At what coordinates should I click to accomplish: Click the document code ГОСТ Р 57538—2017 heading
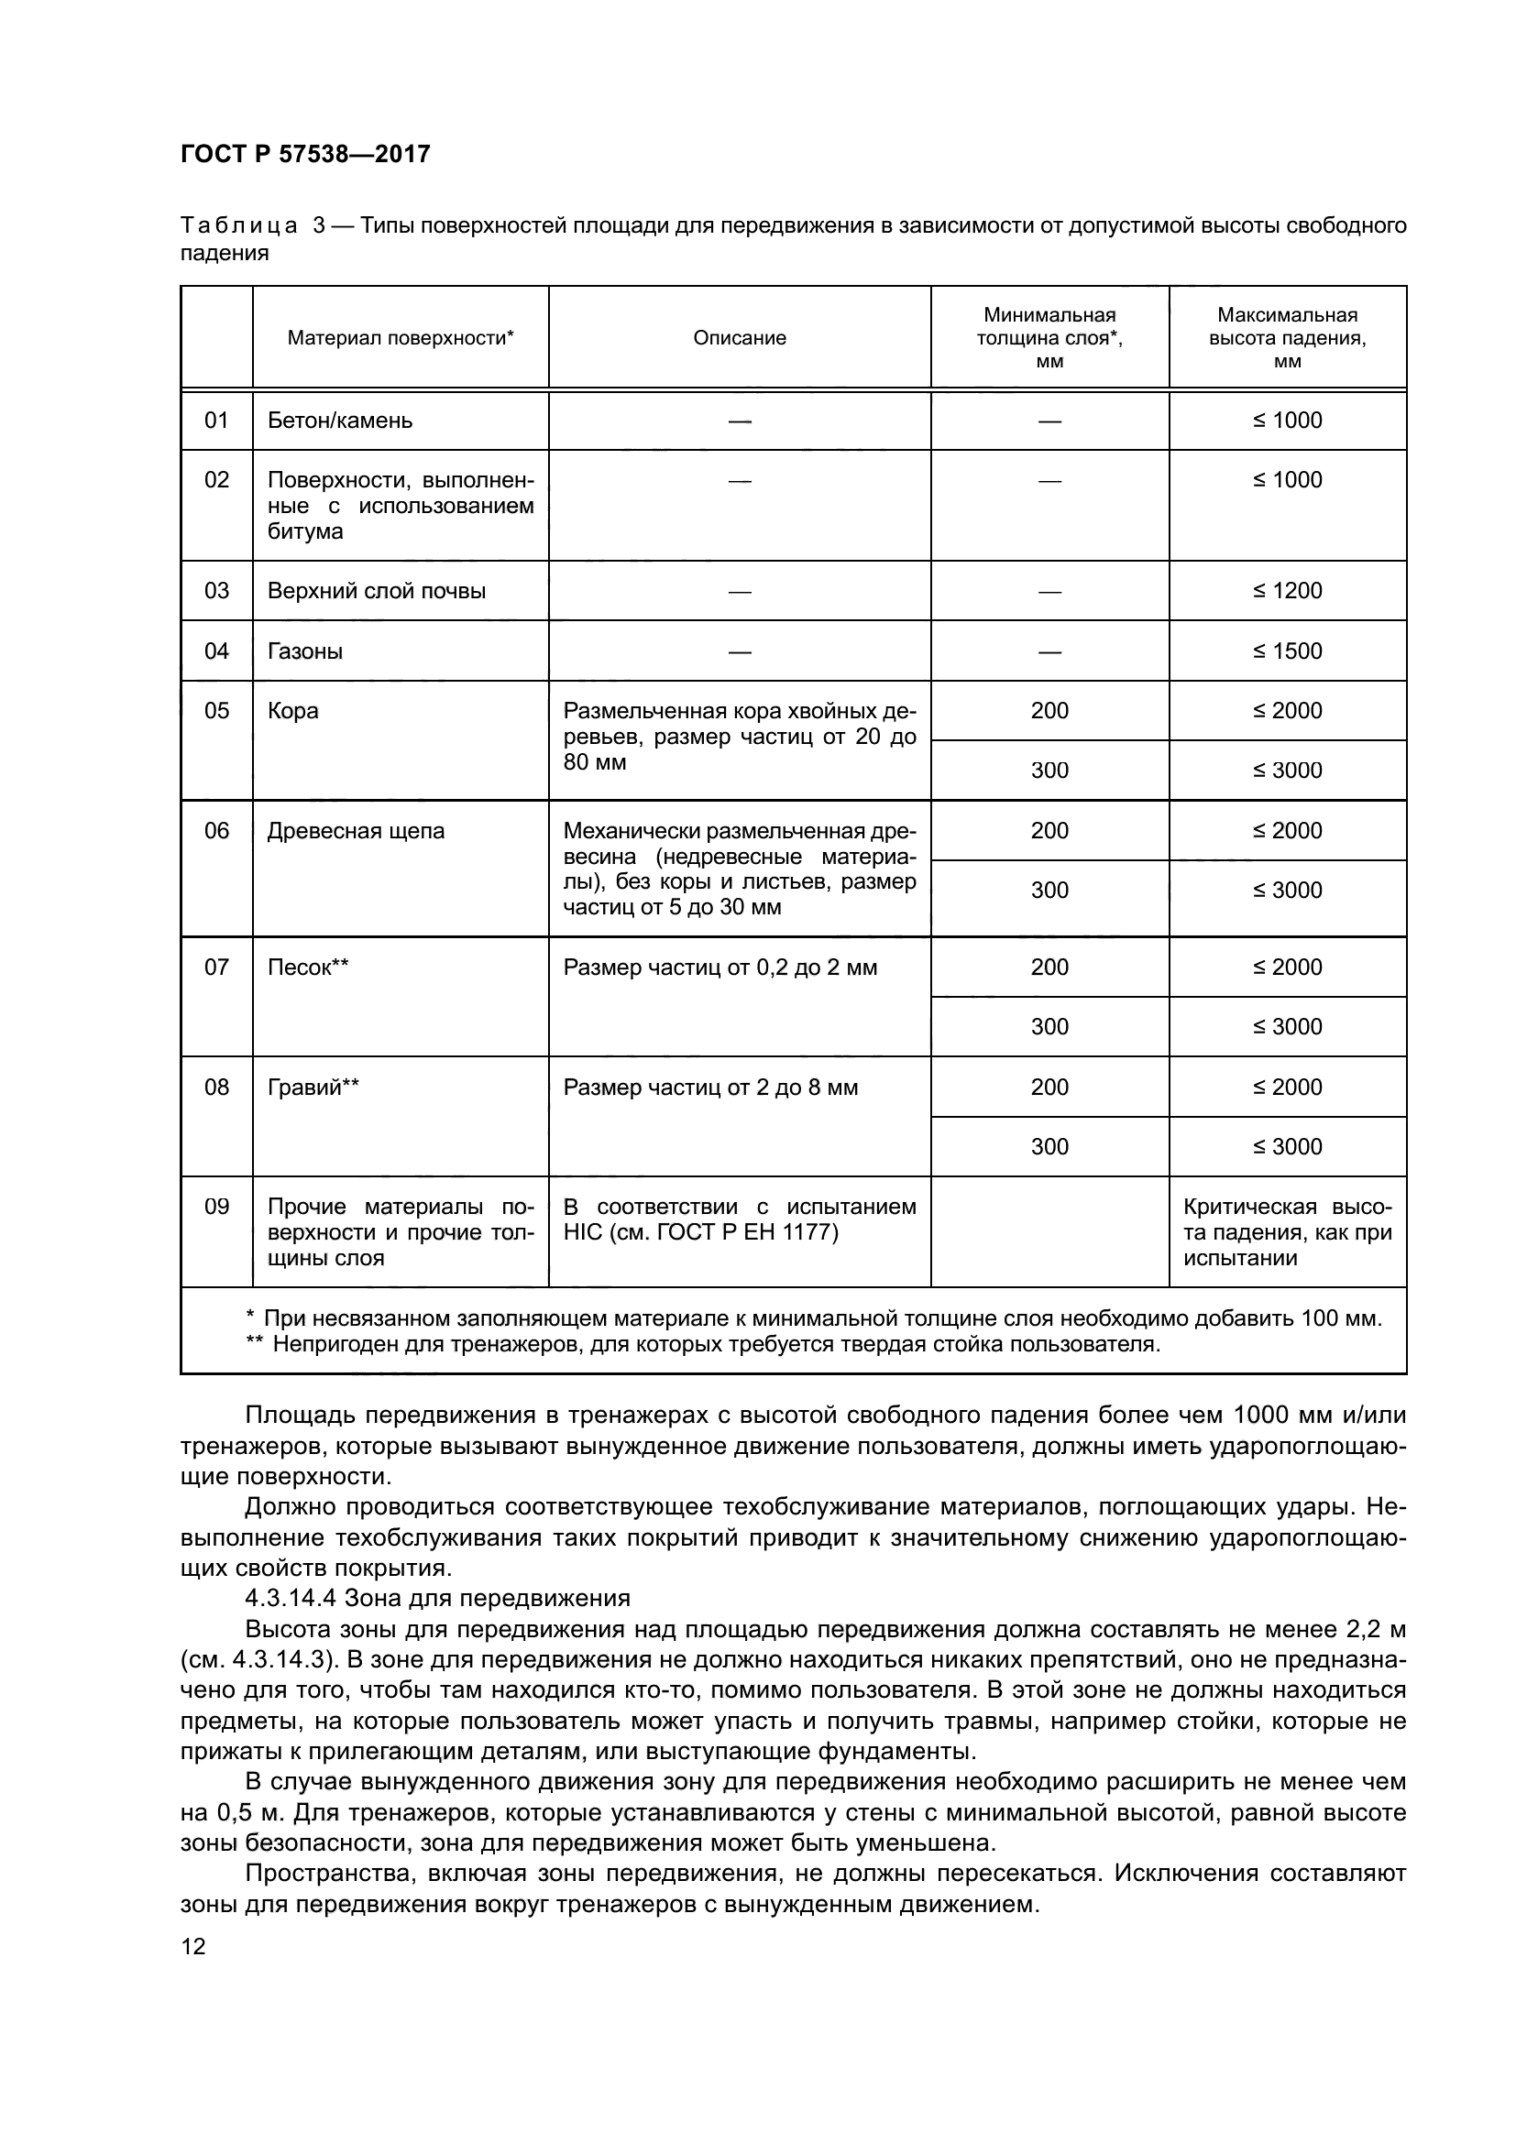point(305,154)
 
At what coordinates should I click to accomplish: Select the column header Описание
point(740,338)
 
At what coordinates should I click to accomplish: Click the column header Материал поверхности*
point(401,338)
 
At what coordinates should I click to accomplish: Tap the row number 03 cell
point(216,591)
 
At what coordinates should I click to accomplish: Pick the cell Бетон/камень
point(340,421)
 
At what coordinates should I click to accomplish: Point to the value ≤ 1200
point(1287,591)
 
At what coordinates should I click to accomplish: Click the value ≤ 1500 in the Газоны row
point(1287,651)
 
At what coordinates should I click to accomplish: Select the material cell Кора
point(293,711)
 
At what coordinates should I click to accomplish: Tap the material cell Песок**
point(308,968)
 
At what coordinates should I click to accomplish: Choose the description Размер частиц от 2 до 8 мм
point(710,1088)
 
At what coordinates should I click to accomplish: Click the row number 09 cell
point(216,1207)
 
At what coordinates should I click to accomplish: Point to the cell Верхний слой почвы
point(376,591)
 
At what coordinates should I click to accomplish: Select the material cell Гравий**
point(313,1088)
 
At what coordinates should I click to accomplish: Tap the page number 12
point(193,1947)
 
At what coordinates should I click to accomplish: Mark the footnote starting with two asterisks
point(702,1345)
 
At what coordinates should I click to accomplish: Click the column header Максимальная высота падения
point(1287,338)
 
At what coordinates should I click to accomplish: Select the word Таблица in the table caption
point(239,226)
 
